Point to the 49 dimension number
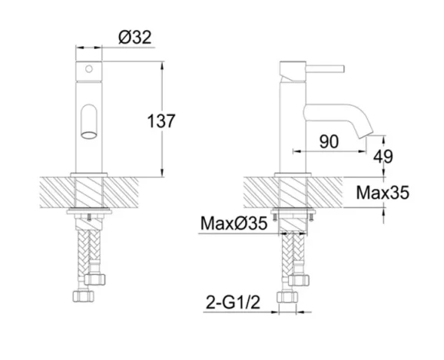(x=382, y=156)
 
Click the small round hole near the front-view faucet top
(x=89, y=70)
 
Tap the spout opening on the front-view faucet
(x=89, y=124)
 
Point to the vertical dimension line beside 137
(x=161, y=92)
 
